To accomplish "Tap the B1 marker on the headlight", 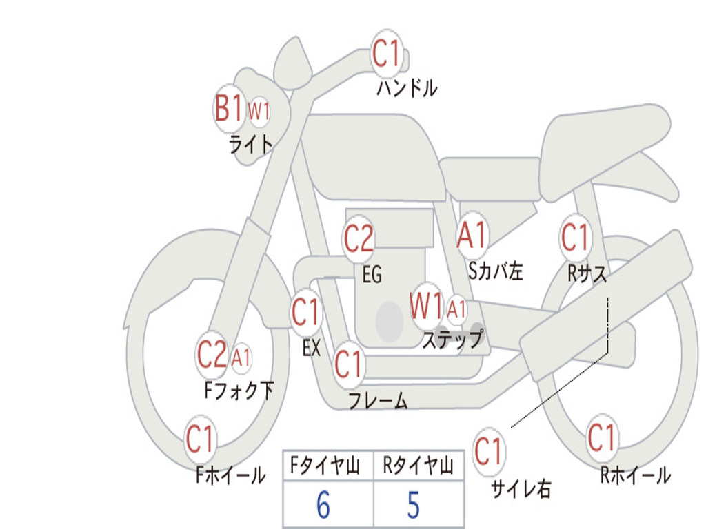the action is tap(229, 108).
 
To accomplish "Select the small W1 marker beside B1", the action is tap(259, 111).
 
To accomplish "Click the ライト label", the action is tap(251, 145).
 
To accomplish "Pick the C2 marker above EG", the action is tap(359, 238).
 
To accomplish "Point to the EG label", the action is tap(372, 274).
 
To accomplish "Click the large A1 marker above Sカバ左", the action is tap(472, 236).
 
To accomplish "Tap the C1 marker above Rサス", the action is tap(575, 237).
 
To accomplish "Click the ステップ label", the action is tap(453, 339).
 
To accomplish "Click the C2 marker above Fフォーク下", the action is tap(212, 355).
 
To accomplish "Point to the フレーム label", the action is tap(379, 400).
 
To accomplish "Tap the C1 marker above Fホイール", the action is tap(200, 439).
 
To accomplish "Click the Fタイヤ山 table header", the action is tap(325, 465).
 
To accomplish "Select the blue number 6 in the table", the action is tap(323, 504).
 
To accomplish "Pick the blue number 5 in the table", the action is tap(414, 505).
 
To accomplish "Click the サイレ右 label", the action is tap(521, 488).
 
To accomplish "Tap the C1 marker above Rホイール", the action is tap(601, 437).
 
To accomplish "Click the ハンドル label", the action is tap(407, 87).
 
